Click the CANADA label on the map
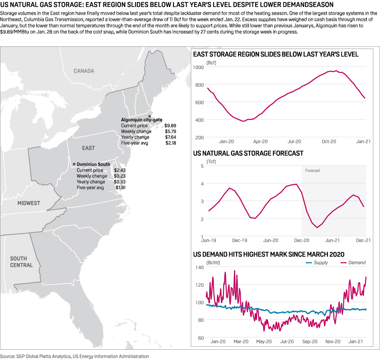84,71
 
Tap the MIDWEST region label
29,203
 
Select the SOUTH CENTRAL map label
21,262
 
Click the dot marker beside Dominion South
74,164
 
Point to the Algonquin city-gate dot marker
150,116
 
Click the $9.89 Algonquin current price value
170,126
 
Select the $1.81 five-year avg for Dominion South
121,188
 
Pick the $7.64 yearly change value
170,137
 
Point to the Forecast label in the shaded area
312,171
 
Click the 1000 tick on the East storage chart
199,67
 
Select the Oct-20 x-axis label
328,141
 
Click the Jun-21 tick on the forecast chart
332,241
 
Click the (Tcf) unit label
211,162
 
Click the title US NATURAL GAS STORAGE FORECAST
248,153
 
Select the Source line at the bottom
74,356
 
